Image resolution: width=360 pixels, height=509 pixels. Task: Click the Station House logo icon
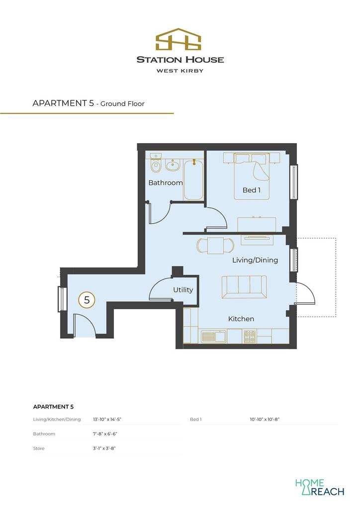click(x=178, y=39)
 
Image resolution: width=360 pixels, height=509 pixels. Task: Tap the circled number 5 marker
click(x=87, y=299)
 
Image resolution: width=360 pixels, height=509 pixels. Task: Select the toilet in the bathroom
click(x=156, y=163)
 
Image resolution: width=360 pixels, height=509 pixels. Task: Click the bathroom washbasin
click(x=173, y=166)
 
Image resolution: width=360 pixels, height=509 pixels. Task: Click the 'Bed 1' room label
click(x=251, y=190)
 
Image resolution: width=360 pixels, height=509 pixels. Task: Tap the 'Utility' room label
click(x=183, y=290)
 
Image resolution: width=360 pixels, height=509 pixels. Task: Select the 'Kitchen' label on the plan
click(x=241, y=319)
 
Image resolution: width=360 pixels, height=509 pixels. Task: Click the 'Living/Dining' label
click(x=255, y=260)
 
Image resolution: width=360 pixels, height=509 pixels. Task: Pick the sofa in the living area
click(x=244, y=287)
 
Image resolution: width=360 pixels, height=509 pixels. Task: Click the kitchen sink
click(x=213, y=337)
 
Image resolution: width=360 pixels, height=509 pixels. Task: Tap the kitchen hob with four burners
click(x=250, y=337)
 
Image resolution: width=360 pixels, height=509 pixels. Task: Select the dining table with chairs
click(x=215, y=246)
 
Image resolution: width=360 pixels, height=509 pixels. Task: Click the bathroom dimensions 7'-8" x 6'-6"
click(x=104, y=433)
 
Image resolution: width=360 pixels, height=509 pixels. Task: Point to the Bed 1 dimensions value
click(x=264, y=419)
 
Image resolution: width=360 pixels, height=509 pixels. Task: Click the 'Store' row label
click(x=39, y=448)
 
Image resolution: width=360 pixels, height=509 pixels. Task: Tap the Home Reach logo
click(x=319, y=487)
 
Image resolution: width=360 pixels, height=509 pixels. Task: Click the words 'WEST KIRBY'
click(x=180, y=71)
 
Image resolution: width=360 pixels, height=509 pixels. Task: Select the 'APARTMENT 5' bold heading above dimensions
click(x=53, y=407)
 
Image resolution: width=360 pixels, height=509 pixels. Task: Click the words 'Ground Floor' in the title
click(x=122, y=104)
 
